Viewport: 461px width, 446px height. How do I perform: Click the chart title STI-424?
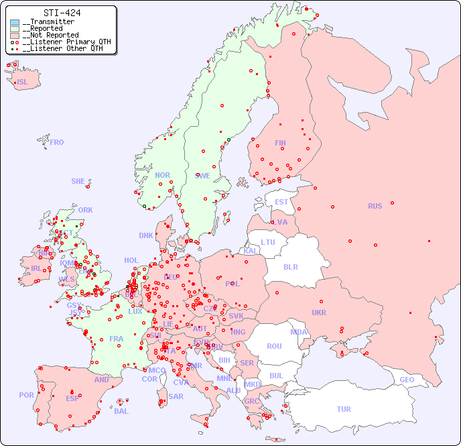tap(62, 13)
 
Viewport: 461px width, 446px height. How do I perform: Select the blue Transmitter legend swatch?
tap(15, 22)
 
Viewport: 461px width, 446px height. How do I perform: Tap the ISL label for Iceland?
tap(23, 82)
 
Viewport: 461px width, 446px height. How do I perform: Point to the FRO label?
tap(57, 142)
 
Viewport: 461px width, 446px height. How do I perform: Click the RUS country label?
tap(375, 206)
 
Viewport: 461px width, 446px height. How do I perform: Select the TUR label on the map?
tap(344, 409)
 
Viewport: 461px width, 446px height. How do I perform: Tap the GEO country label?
tap(407, 380)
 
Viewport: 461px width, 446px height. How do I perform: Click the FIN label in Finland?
tap(280, 143)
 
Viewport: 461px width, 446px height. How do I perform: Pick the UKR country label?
tap(319, 313)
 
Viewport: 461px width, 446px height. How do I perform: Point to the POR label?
tap(26, 395)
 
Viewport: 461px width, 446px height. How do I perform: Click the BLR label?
tap(290, 266)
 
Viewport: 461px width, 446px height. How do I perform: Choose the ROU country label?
tap(274, 346)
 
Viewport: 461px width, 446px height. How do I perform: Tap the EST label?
tap(281, 202)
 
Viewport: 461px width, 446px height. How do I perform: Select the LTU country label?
tap(268, 242)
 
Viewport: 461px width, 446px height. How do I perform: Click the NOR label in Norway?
tap(162, 175)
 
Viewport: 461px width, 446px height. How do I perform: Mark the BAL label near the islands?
tap(121, 411)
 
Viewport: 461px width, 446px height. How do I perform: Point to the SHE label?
tap(78, 181)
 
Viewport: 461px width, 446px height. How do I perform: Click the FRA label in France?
tap(117, 339)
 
